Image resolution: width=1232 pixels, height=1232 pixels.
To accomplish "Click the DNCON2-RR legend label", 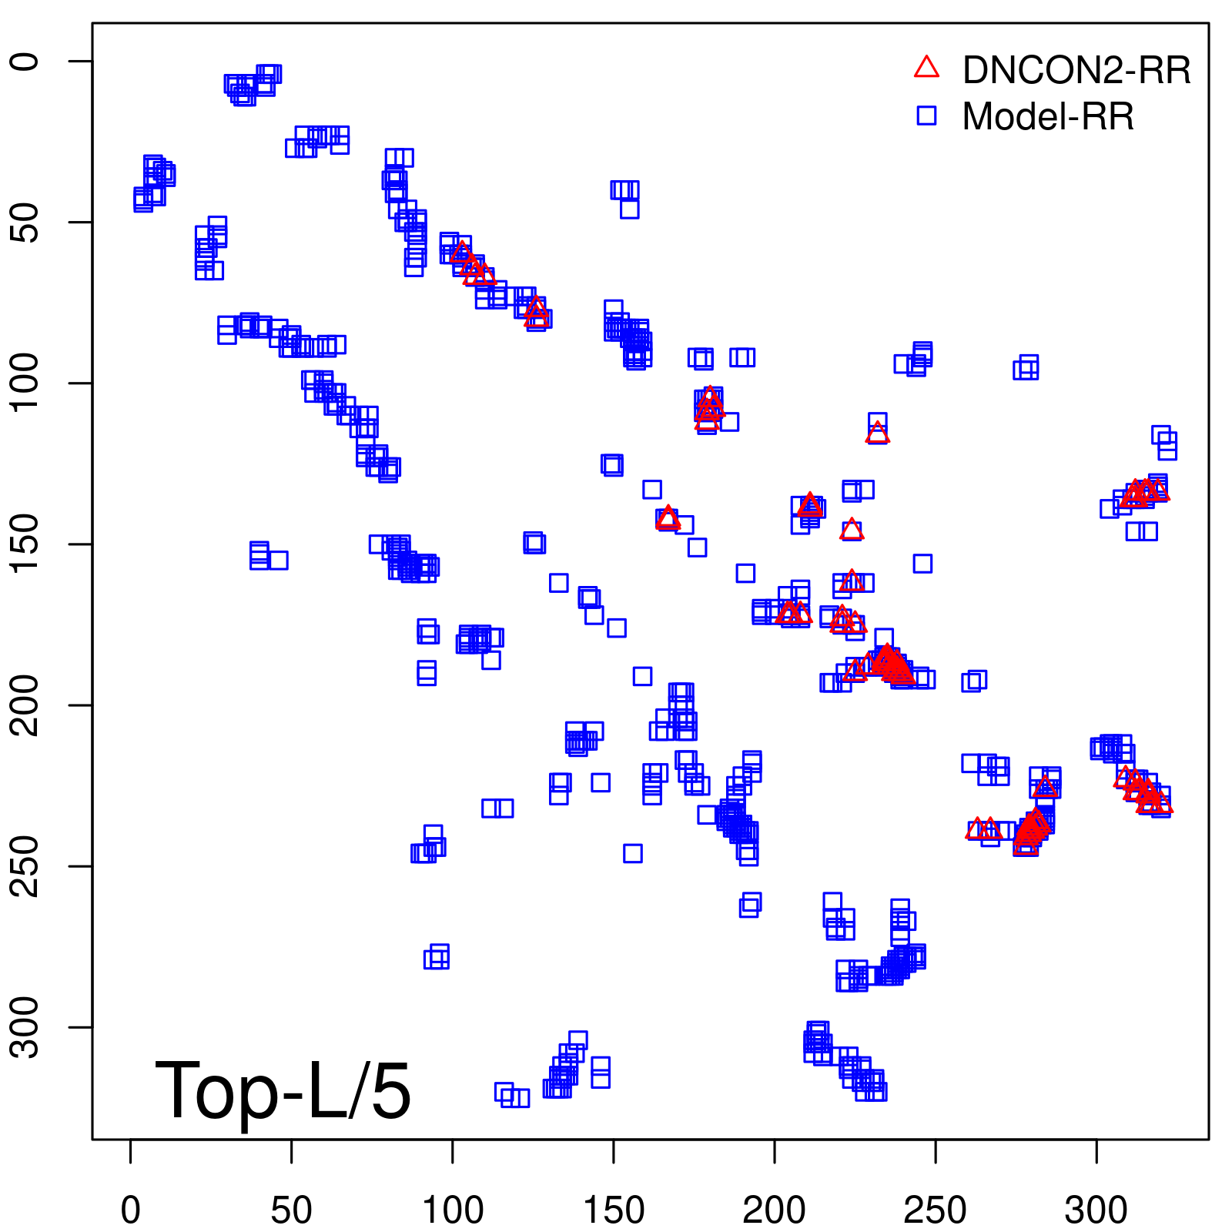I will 1076,71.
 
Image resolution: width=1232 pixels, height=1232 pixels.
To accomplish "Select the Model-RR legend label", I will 1047,117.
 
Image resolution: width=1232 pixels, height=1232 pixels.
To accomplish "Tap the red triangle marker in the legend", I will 926,68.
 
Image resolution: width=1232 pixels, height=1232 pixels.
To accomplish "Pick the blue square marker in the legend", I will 926,115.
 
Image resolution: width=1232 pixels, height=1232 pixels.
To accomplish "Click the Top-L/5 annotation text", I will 283,1090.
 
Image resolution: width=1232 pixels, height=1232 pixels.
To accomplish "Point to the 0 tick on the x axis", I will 131,1210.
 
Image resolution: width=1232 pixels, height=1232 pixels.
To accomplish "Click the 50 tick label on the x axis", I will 292,1210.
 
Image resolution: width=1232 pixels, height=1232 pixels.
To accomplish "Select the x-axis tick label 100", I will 453,1210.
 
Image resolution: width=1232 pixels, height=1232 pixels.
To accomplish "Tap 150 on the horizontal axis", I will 614,1210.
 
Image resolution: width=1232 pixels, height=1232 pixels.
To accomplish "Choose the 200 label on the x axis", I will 775,1210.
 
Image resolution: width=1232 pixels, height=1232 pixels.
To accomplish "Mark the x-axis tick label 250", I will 936,1210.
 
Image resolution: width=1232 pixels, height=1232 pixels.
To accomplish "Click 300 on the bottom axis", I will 1096,1210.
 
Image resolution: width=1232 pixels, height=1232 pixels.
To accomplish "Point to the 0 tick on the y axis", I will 26,62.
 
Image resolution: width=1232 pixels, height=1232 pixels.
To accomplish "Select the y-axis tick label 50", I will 26,223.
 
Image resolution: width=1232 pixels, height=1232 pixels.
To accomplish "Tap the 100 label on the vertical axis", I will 26,383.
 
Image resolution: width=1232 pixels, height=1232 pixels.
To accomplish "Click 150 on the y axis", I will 26,544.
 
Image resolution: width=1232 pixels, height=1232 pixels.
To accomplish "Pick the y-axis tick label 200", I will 26,705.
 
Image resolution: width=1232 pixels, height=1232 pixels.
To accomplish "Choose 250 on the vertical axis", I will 26,865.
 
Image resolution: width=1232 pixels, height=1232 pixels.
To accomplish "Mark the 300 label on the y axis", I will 26,1026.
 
